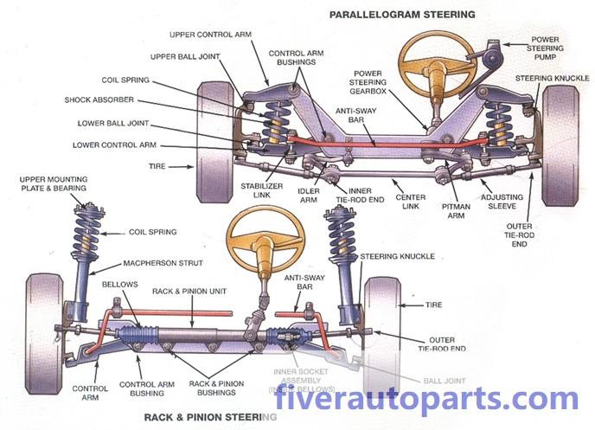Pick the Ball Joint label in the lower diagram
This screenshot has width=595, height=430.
(442, 378)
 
